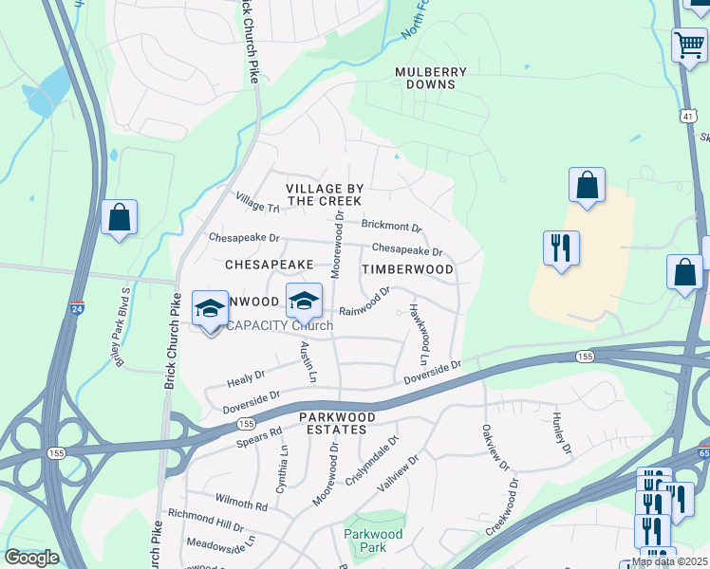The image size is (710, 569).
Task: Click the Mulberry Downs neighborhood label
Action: click(431, 78)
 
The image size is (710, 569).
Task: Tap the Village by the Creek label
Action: click(324, 195)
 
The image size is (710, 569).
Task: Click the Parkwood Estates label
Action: click(332, 423)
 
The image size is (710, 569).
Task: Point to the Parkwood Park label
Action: click(373, 541)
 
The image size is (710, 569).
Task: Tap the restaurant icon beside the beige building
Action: click(561, 248)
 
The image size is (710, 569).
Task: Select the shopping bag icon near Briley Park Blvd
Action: click(120, 218)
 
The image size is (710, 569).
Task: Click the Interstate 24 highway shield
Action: click(77, 308)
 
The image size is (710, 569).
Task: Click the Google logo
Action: click(31, 558)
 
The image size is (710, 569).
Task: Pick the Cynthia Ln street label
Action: click(282, 466)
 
